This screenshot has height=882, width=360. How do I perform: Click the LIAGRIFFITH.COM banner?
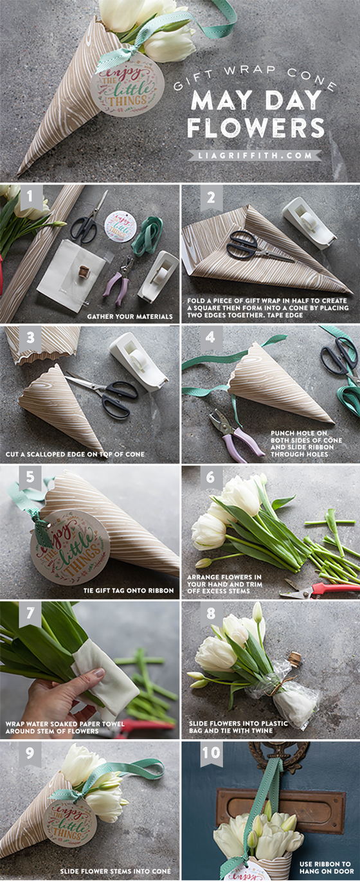pos(255,155)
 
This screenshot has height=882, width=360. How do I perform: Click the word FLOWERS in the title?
pos(255,127)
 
